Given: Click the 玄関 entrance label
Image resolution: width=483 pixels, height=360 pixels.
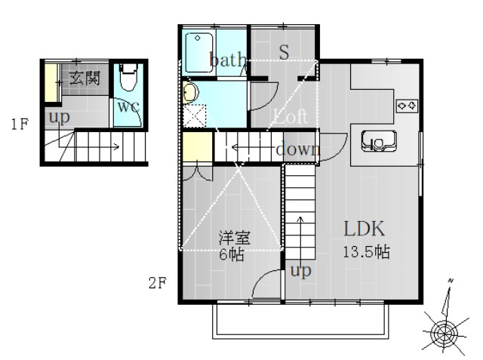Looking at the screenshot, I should (85, 78).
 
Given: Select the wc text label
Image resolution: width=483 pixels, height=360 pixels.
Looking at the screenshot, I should (128, 106).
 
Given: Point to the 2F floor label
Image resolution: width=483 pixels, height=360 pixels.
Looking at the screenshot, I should (156, 284).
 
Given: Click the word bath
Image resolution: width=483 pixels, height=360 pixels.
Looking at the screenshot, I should (227, 60).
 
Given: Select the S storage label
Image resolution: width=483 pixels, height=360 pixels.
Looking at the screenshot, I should (284, 52).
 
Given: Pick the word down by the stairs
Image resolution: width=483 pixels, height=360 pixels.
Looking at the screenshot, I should (297, 149).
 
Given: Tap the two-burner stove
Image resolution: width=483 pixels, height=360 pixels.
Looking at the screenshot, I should (408, 105).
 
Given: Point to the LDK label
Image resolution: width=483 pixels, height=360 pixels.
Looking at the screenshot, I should (365, 228).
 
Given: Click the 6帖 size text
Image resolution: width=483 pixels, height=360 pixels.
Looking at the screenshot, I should (232, 254).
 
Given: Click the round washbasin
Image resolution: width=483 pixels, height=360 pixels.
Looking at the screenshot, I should (189, 92).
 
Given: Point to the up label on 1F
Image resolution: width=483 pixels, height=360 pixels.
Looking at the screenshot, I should (58, 118).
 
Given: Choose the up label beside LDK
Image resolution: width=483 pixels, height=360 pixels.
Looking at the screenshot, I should (300, 271).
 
